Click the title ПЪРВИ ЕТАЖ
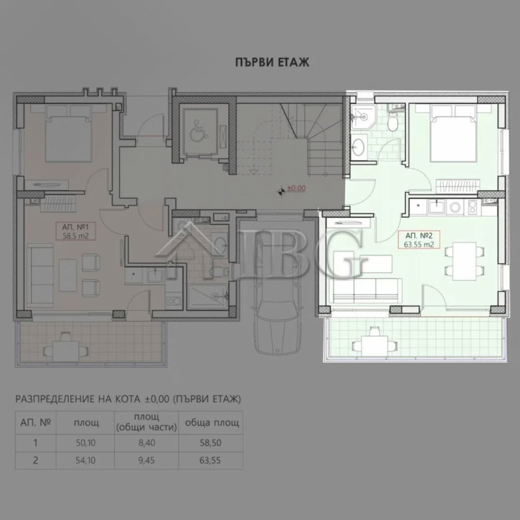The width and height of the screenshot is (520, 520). (x=272, y=63)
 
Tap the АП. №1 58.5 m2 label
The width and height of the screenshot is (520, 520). (x=75, y=231)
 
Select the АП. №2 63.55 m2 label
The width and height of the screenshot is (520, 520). (x=419, y=240)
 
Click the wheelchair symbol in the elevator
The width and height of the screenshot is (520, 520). (x=199, y=131)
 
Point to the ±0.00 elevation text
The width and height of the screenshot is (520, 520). (x=296, y=189)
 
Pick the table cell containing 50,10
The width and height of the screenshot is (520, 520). (x=85, y=443)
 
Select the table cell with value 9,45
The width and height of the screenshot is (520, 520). (x=147, y=460)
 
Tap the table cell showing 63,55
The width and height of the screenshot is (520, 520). (x=210, y=460)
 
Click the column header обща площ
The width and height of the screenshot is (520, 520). (x=212, y=423)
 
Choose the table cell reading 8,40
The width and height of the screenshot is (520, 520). (x=147, y=443)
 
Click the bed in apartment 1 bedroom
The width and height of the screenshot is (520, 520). (x=68, y=133)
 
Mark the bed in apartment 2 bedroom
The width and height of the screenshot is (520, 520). (x=454, y=133)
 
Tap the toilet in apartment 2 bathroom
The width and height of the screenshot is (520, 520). (x=393, y=122)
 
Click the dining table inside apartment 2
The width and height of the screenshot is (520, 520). (x=464, y=261)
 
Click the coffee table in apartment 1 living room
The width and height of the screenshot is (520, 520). (x=68, y=275)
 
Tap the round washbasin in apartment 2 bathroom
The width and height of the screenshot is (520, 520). (x=359, y=147)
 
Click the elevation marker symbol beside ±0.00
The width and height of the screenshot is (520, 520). (x=281, y=191)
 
